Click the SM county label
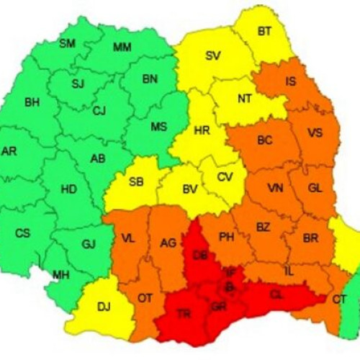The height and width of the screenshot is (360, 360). pos(67,44)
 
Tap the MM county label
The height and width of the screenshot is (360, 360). pos(122,48)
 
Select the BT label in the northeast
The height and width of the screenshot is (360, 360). pos(265,31)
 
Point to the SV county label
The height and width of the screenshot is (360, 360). pos(212,55)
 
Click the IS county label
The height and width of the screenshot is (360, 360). pos(290,81)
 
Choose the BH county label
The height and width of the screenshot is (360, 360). pos(32,103)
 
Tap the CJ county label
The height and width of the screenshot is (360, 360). pos(99,111)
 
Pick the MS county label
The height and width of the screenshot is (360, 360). pos(159,127)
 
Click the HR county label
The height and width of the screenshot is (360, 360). pos(202,131)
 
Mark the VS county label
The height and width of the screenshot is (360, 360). pos(315,133)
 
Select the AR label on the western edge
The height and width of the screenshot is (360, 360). pos(9,151)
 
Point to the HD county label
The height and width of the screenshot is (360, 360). pos(69,189)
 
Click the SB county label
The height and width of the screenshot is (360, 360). pos(136,181)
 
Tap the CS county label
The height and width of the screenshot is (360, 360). pos(24,233)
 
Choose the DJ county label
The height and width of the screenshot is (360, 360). pos(104,307)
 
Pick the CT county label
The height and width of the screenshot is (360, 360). pos(339,298)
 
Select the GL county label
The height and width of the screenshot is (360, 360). pos(315,187)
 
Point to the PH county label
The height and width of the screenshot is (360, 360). pos(226,236)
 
